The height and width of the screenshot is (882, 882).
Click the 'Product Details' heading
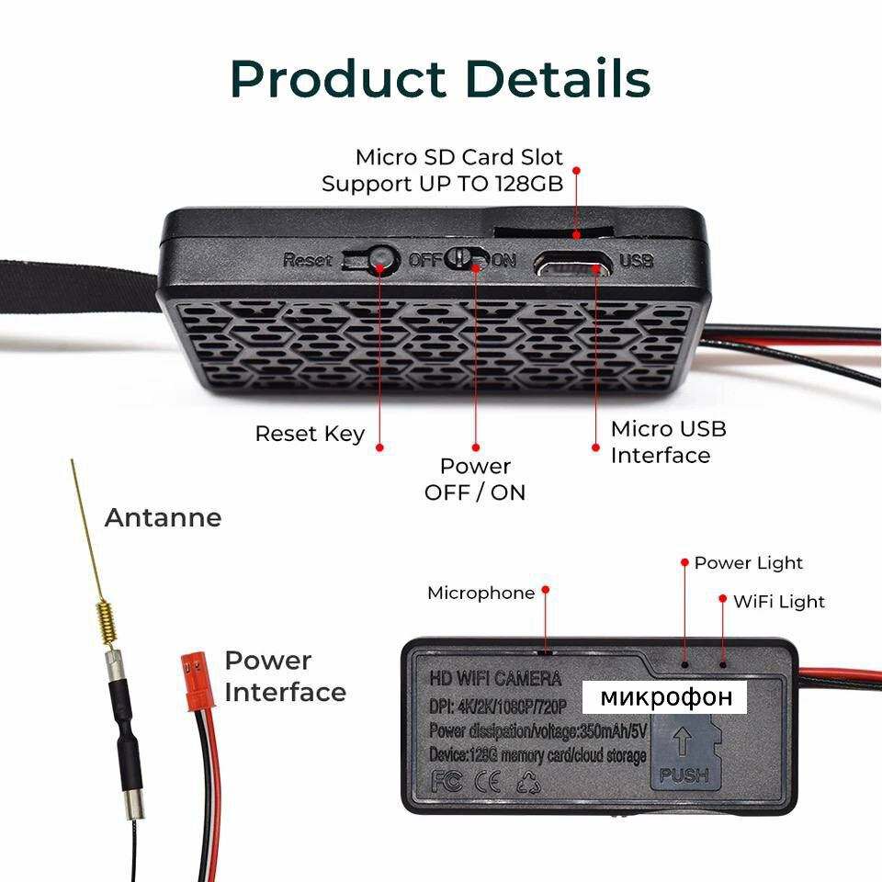pos(441,80)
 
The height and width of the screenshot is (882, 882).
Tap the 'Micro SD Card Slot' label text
pos(459,157)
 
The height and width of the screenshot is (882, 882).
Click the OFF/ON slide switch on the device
pos(469,259)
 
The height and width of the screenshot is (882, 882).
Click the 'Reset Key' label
pos(310,434)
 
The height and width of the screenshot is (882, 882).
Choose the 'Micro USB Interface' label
pos(668,442)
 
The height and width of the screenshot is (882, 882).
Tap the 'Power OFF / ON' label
pos(475,479)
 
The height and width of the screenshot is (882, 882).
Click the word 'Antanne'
pos(163,518)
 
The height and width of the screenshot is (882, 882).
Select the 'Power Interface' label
pos(285,676)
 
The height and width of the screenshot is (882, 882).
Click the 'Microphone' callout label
pos(481,594)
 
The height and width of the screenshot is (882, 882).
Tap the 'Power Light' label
pos(748,563)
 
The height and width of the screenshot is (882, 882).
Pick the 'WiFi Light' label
pos(778,602)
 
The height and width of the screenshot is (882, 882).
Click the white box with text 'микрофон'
pos(666,697)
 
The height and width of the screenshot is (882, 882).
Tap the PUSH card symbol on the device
pos(684,753)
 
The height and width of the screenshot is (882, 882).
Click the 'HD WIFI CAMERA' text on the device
pos(495,680)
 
